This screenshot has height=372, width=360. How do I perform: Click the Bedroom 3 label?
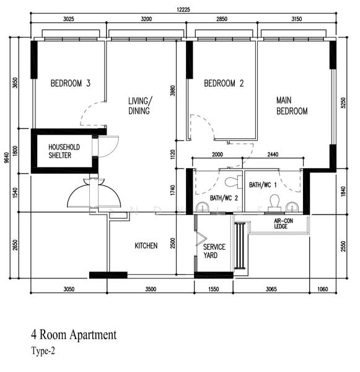(x=71, y=83)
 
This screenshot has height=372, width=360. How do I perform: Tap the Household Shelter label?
(x=64, y=151)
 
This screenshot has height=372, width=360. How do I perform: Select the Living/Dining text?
(x=140, y=106)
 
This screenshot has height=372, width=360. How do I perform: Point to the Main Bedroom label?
(x=292, y=106)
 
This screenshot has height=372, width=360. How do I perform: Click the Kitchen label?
(x=146, y=246)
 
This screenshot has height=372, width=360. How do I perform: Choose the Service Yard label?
(x=214, y=251)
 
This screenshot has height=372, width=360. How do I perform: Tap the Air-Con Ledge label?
(x=284, y=223)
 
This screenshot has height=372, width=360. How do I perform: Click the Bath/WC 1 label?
(x=263, y=185)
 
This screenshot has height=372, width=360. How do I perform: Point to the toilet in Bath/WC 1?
(x=274, y=203)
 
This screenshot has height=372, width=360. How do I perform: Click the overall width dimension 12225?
(x=183, y=10)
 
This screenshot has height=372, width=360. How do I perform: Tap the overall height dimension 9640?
(x=7, y=157)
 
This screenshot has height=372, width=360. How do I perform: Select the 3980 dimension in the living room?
(x=173, y=91)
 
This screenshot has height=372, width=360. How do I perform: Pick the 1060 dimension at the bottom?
(x=323, y=289)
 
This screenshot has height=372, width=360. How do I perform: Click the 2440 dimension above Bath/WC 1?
(x=273, y=154)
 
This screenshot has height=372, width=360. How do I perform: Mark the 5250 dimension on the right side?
(x=343, y=103)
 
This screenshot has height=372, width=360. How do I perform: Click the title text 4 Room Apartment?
(x=74, y=335)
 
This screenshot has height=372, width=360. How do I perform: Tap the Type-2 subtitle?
(x=43, y=351)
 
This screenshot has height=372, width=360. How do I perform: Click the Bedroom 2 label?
(x=224, y=83)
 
